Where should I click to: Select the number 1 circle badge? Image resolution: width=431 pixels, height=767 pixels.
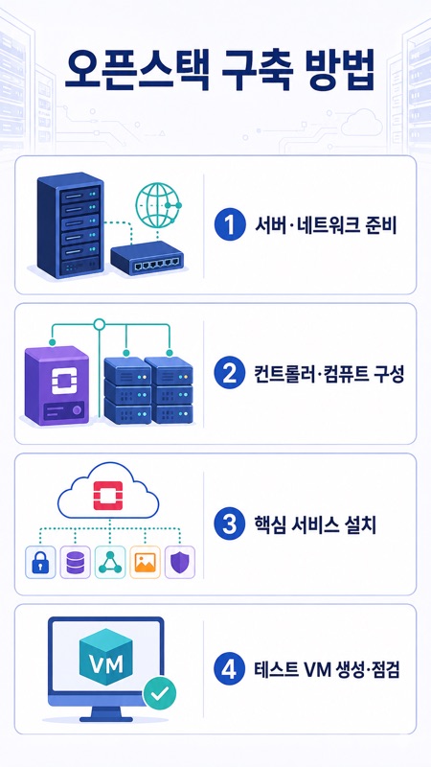(230, 225)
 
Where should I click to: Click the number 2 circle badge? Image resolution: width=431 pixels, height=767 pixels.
(230, 374)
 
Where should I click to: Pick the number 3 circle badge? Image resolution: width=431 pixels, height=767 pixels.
(230, 523)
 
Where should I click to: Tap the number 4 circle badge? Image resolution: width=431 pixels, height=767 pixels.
(230, 668)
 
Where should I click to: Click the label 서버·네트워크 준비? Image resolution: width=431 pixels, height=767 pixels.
(326, 225)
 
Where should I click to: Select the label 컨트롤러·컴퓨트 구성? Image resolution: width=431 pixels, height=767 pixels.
(329, 374)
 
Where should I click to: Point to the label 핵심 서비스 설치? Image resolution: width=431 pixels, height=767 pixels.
(315, 524)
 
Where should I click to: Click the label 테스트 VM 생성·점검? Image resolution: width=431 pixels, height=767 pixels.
(328, 669)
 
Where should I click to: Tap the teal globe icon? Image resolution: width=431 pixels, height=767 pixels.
(158, 203)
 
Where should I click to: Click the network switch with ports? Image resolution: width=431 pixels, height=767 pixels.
(147, 258)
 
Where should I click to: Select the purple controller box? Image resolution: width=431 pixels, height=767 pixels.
(57, 384)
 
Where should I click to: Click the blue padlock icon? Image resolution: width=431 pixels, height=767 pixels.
(40, 563)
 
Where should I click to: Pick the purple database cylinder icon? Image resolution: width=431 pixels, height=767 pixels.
(75, 563)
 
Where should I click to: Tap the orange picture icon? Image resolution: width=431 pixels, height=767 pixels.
(145, 563)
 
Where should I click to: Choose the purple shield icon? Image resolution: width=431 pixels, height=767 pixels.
(180, 563)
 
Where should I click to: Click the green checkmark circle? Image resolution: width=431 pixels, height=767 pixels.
(159, 693)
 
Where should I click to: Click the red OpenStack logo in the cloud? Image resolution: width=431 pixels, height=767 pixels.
(108, 496)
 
